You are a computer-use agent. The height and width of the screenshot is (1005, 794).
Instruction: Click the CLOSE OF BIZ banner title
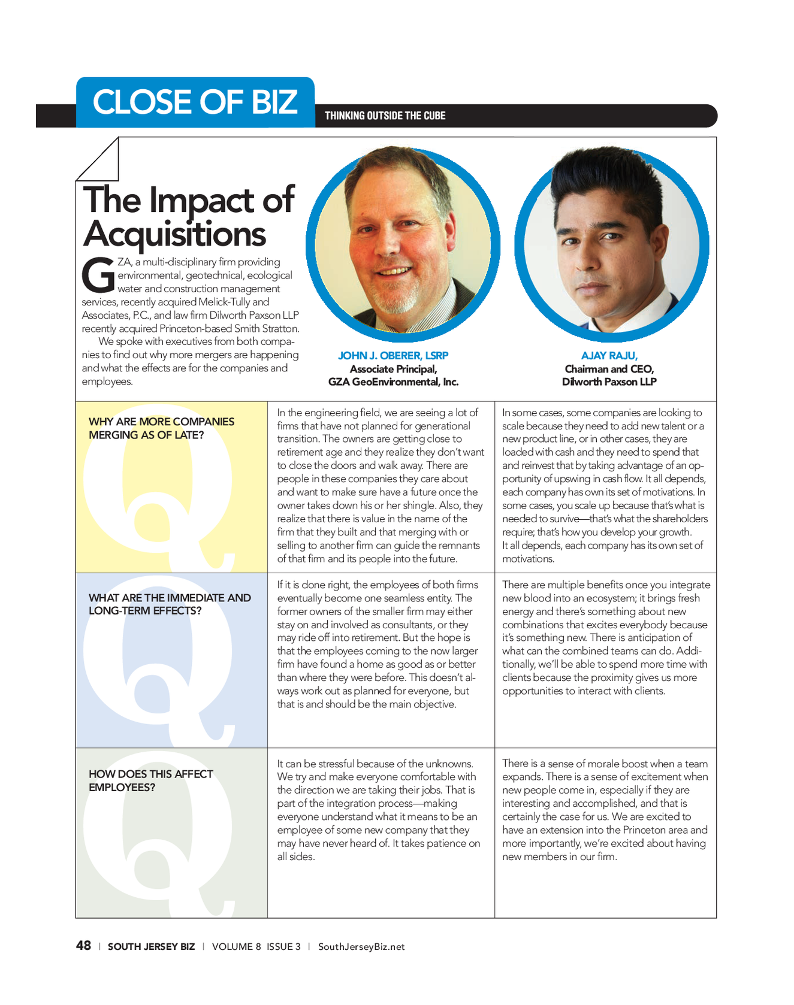(195, 102)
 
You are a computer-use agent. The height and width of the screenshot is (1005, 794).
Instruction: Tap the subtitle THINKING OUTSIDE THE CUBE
(385, 116)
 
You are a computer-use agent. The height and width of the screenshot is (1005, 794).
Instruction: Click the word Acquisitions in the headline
(174, 234)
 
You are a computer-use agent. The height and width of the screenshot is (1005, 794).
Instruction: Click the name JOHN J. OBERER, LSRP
(393, 355)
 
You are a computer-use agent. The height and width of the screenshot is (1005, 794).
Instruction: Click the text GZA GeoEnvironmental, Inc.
(393, 382)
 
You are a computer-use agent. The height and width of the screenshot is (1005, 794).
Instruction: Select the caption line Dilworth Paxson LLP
(609, 382)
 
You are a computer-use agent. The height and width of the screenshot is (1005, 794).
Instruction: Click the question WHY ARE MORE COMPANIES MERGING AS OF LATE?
(161, 428)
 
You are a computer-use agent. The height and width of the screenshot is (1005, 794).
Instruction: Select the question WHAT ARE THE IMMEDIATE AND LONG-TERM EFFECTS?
(170, 604)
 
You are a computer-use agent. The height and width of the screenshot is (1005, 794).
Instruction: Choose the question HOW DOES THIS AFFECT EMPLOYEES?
(150, 780)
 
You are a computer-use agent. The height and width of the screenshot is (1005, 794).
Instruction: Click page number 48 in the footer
(83, 946)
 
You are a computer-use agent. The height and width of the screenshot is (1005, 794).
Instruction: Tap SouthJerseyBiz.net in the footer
(361, 947)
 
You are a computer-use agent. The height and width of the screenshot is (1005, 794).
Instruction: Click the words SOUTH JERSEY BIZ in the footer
(151, 947)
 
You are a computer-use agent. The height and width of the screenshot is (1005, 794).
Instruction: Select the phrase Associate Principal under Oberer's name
(393, 369)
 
